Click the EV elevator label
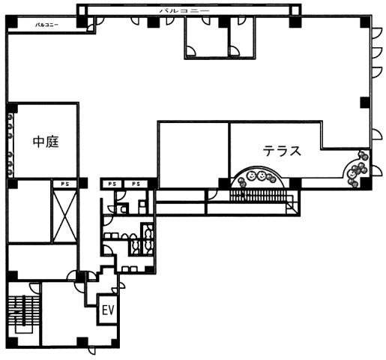click(108, 310)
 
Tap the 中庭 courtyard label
click(46, 142)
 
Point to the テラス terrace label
click(282, 151)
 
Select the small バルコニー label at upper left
click(46, 25)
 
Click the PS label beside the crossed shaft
click(64, 184)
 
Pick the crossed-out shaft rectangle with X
click(64, 216)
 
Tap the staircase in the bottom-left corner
click(24, 314)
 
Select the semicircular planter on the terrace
click(257, 178)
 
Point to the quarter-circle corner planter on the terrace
click(357, 169)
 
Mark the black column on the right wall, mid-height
click(364, 102)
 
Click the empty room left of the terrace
click(193, 155)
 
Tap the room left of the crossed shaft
click(29, 211)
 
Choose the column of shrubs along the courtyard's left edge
click(10, 144)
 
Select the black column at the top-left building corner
click(11, 22)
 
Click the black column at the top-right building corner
click(366, 21)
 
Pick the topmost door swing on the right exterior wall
click(377, 33)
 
